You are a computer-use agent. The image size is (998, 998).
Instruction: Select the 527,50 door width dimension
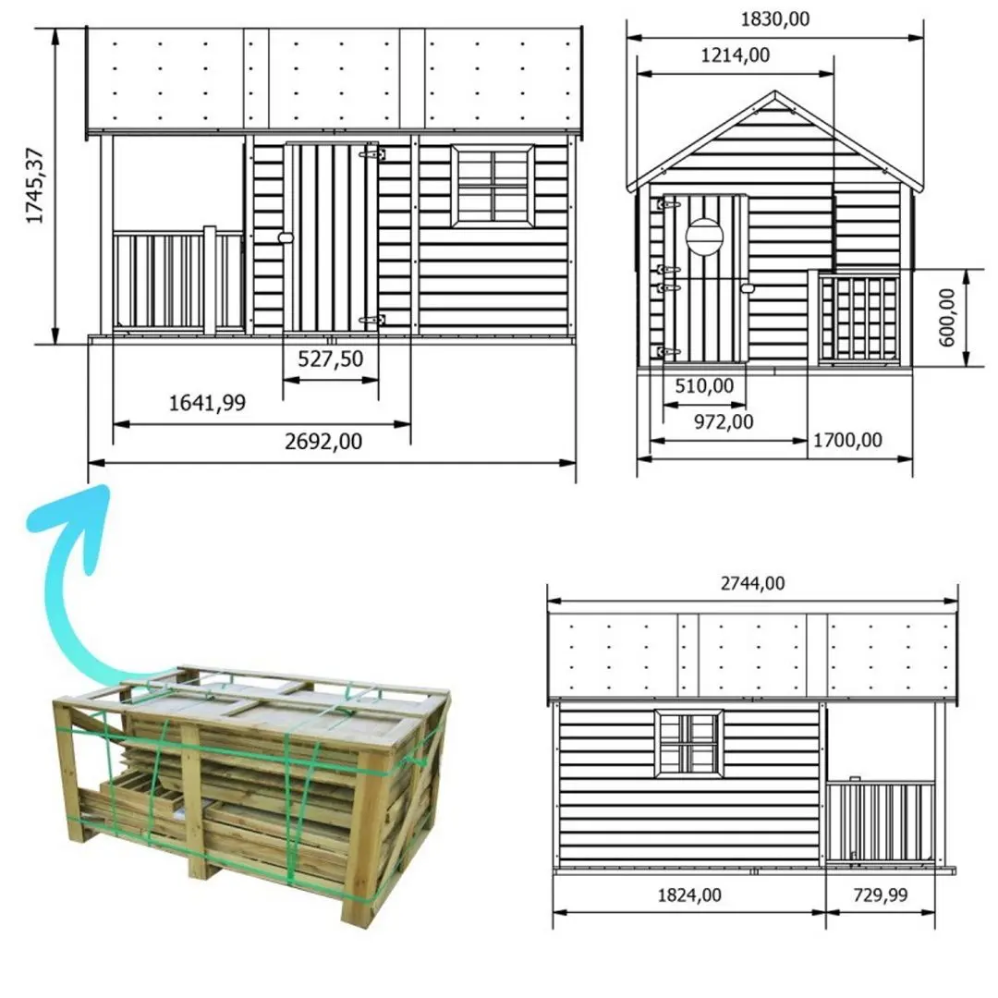330,359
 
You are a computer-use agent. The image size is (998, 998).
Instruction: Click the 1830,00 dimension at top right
774,18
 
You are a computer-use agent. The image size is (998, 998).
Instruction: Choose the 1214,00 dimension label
735,55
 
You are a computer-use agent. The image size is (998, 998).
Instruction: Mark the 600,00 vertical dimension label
946,318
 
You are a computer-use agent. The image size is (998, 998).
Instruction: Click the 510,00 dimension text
704,385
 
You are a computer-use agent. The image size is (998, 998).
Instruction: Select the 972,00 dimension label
723,421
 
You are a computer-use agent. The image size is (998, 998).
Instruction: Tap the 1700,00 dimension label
846,440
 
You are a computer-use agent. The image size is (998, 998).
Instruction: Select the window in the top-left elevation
493,185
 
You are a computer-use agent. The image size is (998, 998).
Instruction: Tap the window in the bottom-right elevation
688,743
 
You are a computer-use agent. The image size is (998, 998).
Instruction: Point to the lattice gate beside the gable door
859,318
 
